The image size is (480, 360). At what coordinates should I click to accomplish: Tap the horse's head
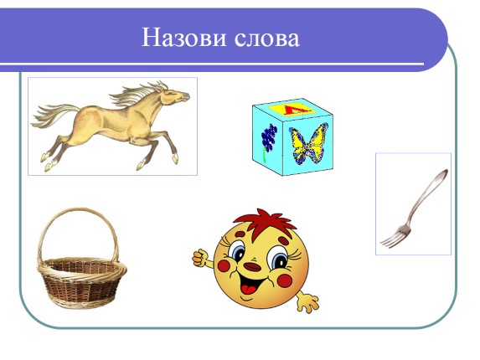pos(177,99)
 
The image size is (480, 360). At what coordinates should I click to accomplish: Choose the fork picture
pos(412,203)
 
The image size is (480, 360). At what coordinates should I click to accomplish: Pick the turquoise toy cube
pos(290,137)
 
